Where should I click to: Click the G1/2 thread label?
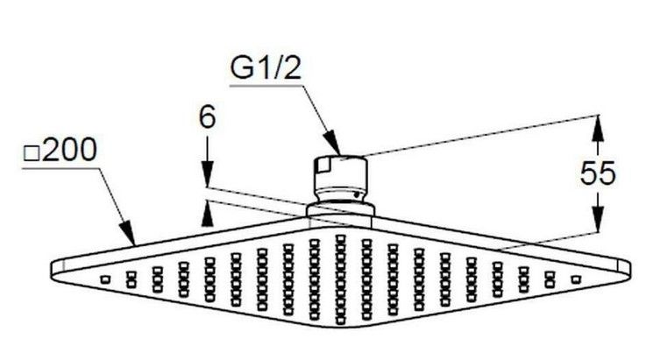point(264,68)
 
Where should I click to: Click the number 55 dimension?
point(599,173)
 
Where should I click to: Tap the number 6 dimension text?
point(208,117)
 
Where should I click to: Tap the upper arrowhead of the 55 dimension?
point(598,126)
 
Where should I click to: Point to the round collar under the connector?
point(341,210)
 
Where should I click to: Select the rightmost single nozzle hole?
point(576,279)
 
